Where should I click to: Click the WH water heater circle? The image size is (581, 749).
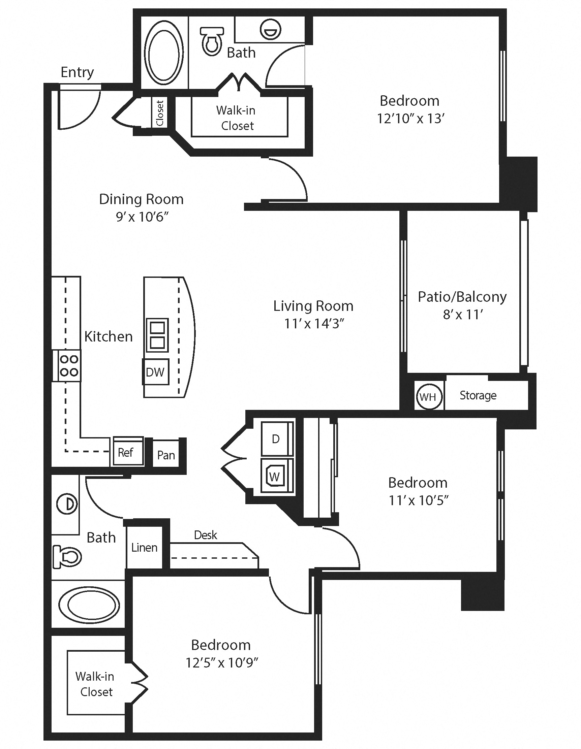429,397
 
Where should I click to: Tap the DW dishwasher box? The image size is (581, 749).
156,372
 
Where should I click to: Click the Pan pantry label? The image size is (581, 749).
166,455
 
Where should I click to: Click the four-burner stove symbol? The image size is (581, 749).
69,366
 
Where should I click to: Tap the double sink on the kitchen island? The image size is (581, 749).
157,335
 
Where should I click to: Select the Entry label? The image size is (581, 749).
77,72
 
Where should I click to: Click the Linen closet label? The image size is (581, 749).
144,547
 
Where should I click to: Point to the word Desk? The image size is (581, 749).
205,535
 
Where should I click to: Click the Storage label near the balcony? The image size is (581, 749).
478,395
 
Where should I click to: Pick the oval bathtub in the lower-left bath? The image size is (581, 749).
89,605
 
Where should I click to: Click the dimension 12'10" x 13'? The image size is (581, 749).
410,118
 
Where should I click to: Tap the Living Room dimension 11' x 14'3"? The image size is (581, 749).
314,323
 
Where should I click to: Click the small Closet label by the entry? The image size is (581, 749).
160,113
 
